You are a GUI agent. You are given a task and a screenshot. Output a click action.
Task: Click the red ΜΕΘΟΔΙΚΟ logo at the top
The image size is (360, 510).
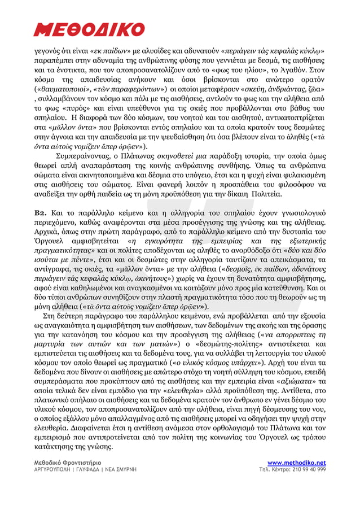(x=90, y=29)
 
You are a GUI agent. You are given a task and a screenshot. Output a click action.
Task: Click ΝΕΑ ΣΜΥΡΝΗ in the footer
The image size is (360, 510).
(x=121, y=469)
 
